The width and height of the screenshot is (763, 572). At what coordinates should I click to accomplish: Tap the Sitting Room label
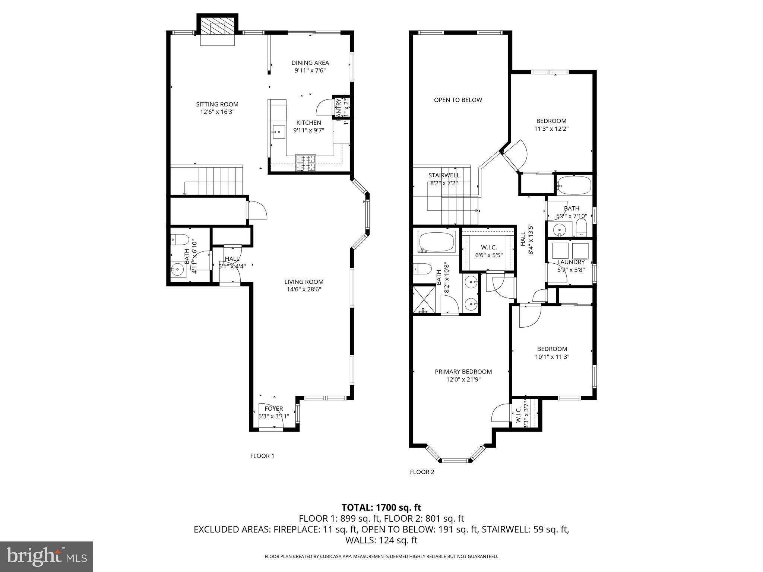click(x=217, y=104)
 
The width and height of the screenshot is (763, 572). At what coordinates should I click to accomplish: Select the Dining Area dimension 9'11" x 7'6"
click(x=310, y=70)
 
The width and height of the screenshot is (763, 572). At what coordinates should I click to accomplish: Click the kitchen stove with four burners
click(x=305, y=163)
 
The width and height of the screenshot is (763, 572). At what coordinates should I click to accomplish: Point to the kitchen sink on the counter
click(x=278, y=131)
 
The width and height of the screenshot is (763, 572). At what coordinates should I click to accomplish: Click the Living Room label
click(x=304, y=282)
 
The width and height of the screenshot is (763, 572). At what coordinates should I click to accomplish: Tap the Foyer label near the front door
click(x=274, y=409)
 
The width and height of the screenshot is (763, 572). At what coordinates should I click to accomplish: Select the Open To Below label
click(x=458, y=100)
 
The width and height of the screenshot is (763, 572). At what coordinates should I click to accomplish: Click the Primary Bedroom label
click(x=463, y=372)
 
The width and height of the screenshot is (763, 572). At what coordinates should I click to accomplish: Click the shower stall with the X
click(x=424, y=299)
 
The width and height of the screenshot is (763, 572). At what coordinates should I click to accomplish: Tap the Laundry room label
click(x=571, y=262)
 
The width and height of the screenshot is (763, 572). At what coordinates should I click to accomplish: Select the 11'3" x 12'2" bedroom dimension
click(x=551, y=129)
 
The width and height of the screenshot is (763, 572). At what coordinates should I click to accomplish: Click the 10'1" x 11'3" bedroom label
click(x=552, y=349)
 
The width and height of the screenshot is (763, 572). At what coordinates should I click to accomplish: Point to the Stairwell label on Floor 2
click(x=444, y=175)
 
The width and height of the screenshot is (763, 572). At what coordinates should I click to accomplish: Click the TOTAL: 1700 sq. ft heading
click(x=381, y=507)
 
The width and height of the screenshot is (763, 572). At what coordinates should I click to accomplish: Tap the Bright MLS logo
click(x=47, y=556)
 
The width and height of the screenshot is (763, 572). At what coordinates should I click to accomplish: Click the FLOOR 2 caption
click(x=422, y=472)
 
